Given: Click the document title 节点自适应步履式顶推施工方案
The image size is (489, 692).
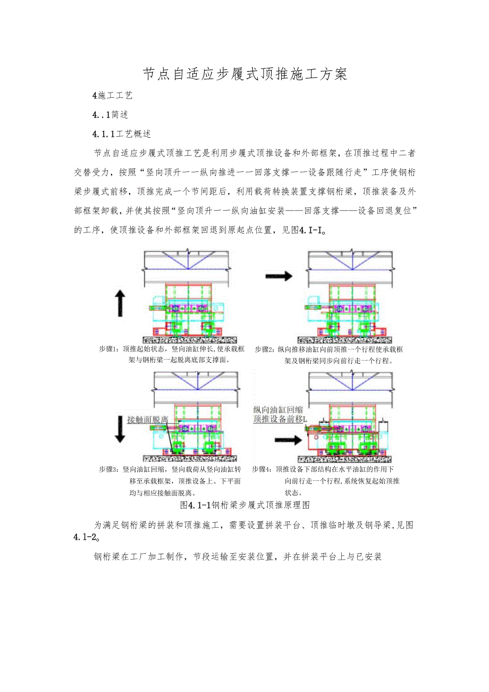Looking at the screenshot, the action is [x=244, y=74].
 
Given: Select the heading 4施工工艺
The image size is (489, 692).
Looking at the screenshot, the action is [x=112, y=96].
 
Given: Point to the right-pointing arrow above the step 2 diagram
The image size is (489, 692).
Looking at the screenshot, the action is [x=279, y=276].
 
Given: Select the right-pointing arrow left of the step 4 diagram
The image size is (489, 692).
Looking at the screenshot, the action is [x=288, y=440].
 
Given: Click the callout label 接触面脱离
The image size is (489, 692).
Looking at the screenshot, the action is [x=148, y=419].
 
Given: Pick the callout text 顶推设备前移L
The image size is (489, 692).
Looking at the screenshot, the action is [x=280, y=419].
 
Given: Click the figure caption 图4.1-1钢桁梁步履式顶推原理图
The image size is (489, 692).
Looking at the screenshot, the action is [x=245, y=504].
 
